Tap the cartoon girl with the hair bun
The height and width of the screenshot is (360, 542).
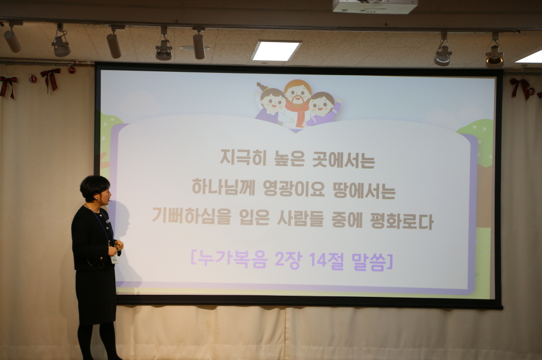[x=272, y=100]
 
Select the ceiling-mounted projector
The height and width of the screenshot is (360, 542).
[x=375, y=6]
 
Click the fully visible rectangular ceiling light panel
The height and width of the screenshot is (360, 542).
[x=276, y=51]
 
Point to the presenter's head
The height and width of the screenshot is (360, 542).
[x=96, y=188]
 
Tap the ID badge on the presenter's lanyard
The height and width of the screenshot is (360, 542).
[x=114, y=259]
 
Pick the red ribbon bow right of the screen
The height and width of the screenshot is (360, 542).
[x=520, y=87]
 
